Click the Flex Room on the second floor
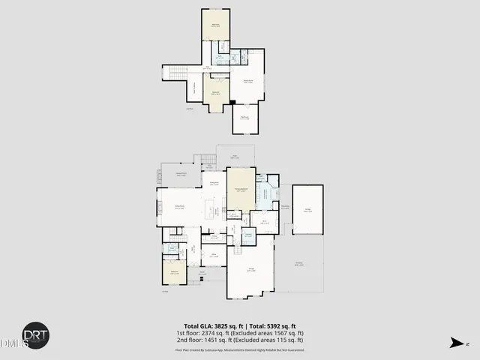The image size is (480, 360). tap(244, 118)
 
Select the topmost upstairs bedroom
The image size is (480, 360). tap(216, 24)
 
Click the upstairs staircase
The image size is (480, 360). tap(175, 73)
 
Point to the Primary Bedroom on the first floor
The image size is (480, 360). tap(240, 191)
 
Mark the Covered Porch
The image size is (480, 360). tap(180, 175)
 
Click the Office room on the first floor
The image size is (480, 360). tap(214, 255)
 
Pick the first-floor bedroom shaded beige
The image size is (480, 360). tap(174, 272)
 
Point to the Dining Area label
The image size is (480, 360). tap(214, 184)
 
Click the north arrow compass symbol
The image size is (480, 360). tap(456, 343)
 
